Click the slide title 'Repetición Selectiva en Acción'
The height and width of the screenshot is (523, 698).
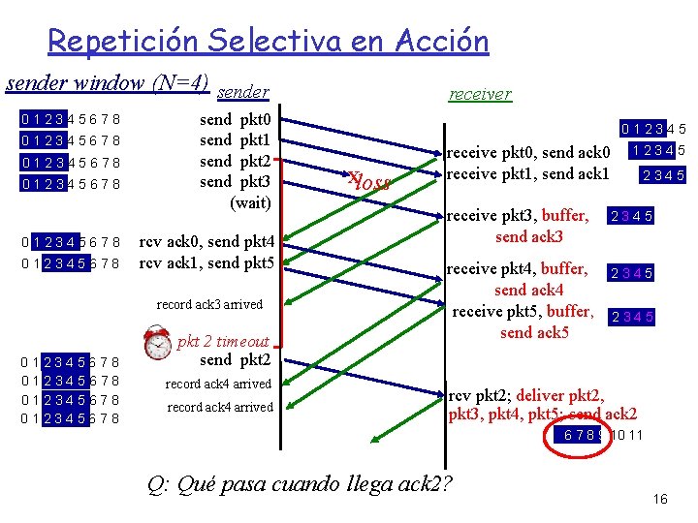click(268, 42)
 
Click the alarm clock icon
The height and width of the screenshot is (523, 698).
click(157, 343)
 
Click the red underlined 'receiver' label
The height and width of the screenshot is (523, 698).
click(479, 93)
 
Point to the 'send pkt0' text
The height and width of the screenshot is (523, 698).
click(236, 120)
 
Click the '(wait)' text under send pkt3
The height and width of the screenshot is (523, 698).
click(249, 202)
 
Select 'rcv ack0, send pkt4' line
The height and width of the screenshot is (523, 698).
click(206, 241)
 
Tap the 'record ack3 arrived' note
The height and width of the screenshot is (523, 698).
click(209, 304)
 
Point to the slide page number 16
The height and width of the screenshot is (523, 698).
click(660, 499)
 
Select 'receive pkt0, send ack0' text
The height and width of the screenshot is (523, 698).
click(527, 152)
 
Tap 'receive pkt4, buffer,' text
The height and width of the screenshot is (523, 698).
click(520, 268)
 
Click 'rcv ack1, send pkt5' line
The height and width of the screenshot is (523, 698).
click(206, 262)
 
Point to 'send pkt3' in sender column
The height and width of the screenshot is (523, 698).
click(236, 181)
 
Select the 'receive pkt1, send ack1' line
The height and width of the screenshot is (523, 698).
click(527, 172)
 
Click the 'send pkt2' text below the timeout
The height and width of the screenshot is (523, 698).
click(236, 360)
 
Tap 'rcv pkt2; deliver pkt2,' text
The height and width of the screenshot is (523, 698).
click(526, 395)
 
